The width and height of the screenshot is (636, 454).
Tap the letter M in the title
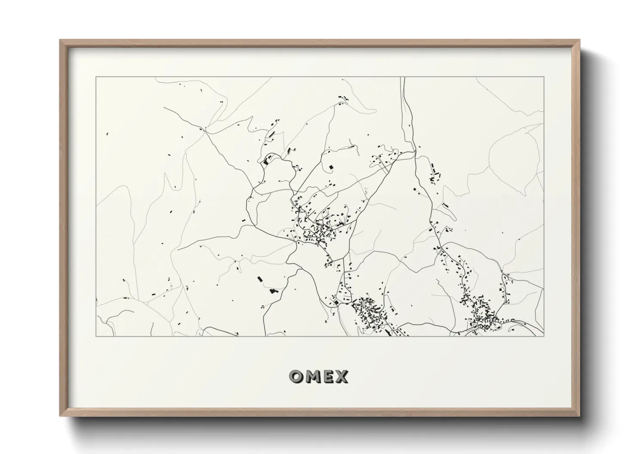click(312, 377)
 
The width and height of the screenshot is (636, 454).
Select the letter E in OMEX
click(328, 377)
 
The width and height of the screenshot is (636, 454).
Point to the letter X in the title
click(342, 377)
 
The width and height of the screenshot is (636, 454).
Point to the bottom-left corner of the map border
click(96, 336)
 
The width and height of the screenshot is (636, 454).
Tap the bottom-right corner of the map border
click(544, 336)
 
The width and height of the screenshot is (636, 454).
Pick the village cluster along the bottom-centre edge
click(370, 313)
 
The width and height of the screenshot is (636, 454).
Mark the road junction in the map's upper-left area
click(205, 129)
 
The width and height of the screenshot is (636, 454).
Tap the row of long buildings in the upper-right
click(434, 174)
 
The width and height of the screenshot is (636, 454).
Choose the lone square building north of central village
click(330, 166)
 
